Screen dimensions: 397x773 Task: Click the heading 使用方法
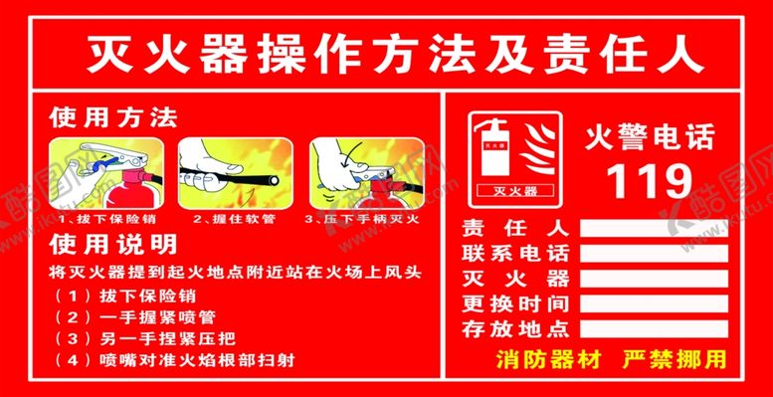pos(113,118)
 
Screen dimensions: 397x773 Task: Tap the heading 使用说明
pos(113,244)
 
